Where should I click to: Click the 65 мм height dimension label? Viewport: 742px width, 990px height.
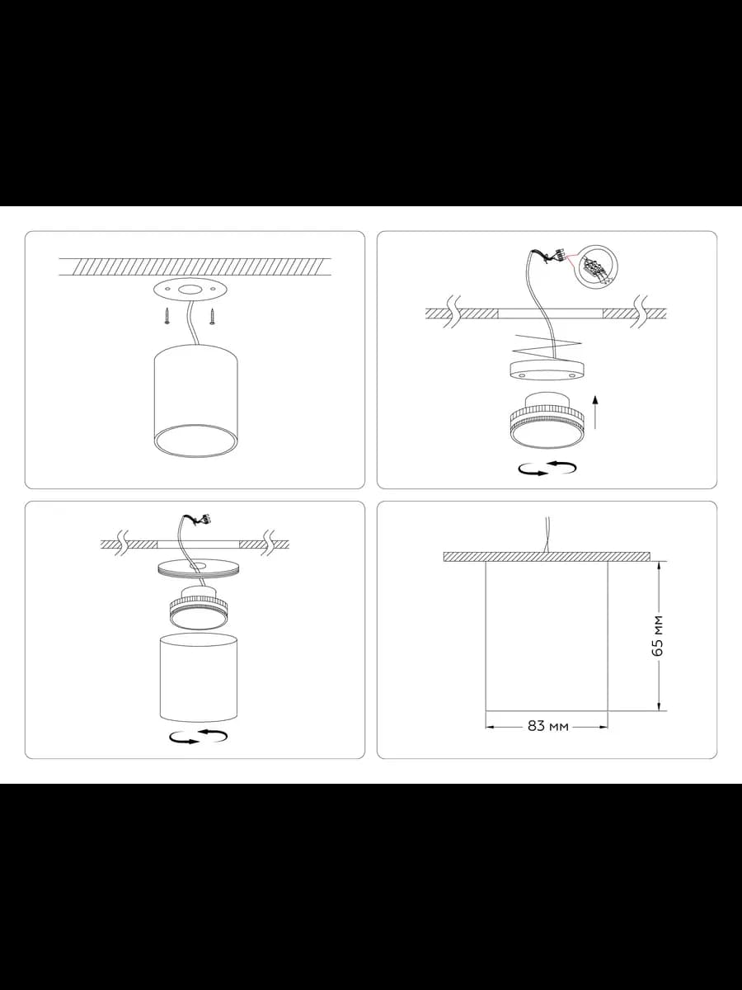[658, 635]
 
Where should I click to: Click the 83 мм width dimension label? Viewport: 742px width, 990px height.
[547, 726]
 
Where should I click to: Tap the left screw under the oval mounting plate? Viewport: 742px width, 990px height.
[167, 315]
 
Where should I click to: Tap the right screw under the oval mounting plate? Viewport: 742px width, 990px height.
[211, 315]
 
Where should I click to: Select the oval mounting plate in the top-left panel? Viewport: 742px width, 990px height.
[190, 290]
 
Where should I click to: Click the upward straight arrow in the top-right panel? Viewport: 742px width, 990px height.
[595, 412]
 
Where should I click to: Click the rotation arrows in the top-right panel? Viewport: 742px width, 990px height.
[547, 468]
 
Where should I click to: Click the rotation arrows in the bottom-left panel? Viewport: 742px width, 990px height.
[198, 737]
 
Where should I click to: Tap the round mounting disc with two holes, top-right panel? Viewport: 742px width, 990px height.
[547, 370]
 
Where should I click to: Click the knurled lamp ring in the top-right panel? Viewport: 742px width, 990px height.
[547, 421]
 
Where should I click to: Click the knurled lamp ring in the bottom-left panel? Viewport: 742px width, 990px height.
[198, 608]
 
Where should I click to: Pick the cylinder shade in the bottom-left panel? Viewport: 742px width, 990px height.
[198, 677]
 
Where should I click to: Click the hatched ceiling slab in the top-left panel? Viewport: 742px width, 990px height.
[195, 266]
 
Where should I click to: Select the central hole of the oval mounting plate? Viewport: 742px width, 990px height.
[190, 290]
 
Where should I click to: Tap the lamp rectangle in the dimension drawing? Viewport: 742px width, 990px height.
[547, 636]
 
